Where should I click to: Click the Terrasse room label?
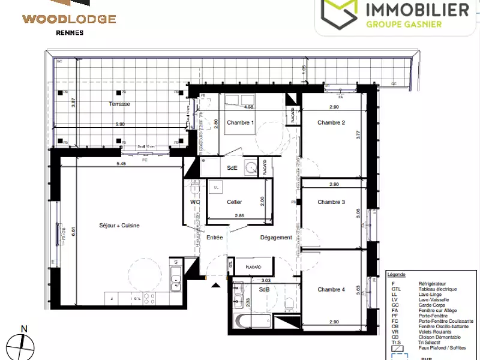point(119,104)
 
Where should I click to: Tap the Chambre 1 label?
point(241,123)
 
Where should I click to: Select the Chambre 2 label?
point(331,123)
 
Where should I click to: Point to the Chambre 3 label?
point(331,202)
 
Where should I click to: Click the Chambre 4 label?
point(331,290)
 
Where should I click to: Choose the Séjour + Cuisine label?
point(119,226)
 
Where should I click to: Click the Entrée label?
point(215,238)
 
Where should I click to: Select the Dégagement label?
point(276,238)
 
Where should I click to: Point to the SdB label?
point(264,290)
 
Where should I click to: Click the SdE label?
point(232,169)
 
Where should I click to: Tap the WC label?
point(194,202)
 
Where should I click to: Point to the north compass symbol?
point(24,342)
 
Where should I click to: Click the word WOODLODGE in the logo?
point(69,19)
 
